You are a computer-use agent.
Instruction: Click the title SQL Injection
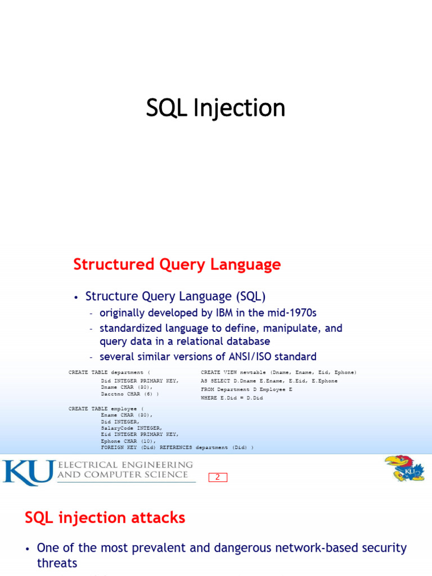215,108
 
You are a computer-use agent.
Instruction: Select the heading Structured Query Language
177,264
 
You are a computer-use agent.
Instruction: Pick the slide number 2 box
218,478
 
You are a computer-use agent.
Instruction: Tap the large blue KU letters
28,472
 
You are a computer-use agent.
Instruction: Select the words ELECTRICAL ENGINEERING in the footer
125,465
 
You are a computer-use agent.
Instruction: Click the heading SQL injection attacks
105,517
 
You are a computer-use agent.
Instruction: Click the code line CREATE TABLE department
110,372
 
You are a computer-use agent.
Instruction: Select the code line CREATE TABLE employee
106,408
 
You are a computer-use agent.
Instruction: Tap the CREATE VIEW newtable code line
278,372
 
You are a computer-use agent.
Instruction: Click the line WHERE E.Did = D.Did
232,398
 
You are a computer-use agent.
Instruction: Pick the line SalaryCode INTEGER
131,428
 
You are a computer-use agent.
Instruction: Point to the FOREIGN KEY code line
177,447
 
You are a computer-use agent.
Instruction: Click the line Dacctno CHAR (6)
129,394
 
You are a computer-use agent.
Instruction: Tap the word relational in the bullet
197,341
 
